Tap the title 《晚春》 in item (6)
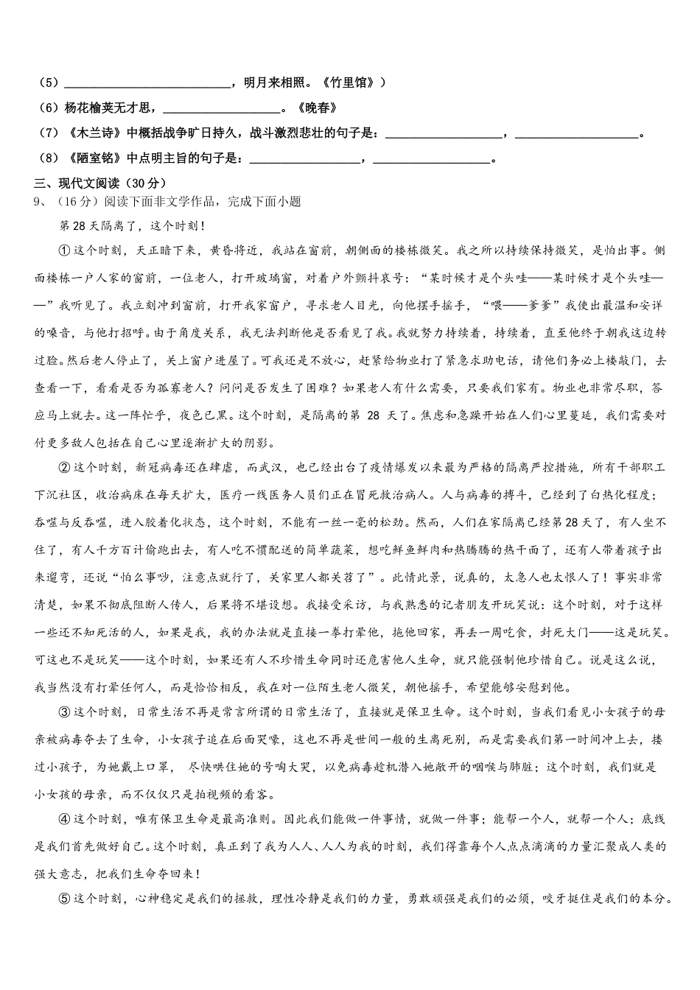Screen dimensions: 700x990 pos(316,108)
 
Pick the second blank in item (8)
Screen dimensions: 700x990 pos(432,160)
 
